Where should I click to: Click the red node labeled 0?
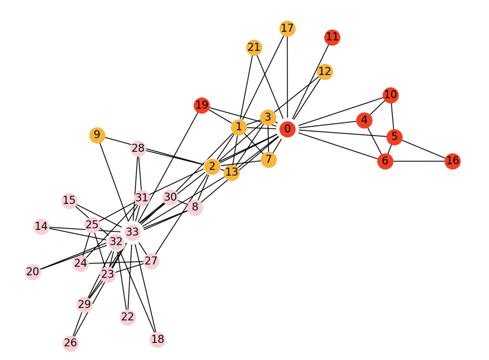[287, 129]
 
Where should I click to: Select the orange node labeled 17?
[287, 29]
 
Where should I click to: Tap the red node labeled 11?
[332, 37]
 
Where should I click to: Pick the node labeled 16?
[452, 161]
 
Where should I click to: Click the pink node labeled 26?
[71, 343]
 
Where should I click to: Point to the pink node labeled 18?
[158, 339]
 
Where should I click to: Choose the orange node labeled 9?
[97, 135]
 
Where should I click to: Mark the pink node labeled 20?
[33, 272]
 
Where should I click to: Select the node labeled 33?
[132, 233]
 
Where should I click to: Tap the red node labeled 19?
[202, 106]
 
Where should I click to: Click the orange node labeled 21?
[254, 48]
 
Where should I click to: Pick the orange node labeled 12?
[325, 72]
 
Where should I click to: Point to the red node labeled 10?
[390, 95]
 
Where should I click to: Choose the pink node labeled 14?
[41, 226]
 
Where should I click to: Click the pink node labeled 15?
[69, 200]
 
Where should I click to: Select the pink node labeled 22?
[128, 317]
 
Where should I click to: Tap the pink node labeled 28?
[138, 148]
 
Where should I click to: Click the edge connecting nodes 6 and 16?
[419, 161]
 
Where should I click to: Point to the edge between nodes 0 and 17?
[287, 77]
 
